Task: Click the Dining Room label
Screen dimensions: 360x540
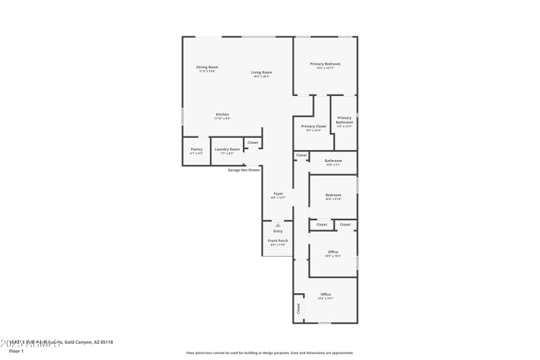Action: pyautogui.click(x=207, y=68)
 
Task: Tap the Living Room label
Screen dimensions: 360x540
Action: pyautogui.click(x=261, y=73)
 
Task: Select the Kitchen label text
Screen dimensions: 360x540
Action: pyautogui.click(x=222, y=115)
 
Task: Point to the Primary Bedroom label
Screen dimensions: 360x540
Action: pyautogui.click(x=325, y=64)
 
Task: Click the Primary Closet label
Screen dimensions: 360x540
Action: pyautogui.click(x=313, y=127)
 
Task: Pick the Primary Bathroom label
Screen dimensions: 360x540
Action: pyautogui.click(x=344, y=120)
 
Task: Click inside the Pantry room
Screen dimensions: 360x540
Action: pyautogui.click(x=196, y=151)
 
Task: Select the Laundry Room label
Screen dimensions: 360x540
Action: pyautogui.click(x=227, y=150)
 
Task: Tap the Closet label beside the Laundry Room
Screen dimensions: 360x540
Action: pyautogui.click(x=252, y=143)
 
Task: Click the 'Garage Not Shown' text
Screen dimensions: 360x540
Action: pyautogui.click(x=244, y=170)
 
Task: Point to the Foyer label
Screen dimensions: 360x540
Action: pyautogui.click(x=277, y=194)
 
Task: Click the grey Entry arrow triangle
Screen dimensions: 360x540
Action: pyautogui.click(x=277, y=225)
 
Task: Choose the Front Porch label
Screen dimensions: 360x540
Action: pyautogui.click(x=277, y=241)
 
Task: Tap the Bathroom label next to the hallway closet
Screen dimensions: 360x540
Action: pyautogui.click(x=333, y=161)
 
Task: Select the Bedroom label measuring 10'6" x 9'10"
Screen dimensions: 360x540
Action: pyautogui.click(x=333, y=196)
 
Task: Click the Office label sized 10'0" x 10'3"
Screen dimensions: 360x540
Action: pyautogui.click(x=333, y=253)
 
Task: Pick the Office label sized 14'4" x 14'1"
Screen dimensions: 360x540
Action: pyautogui.click(x=325, y=295)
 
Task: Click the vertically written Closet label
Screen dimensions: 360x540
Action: pyautogui.click(x=298, y=309)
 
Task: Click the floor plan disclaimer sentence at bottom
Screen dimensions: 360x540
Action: pyautogui.click(x=269, y=353)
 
